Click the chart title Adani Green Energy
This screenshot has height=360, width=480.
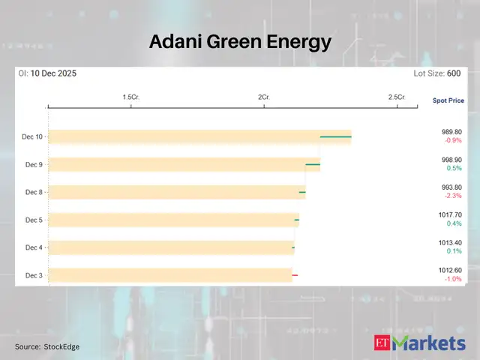coord(240,41)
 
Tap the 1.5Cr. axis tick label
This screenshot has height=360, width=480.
coord(131,97)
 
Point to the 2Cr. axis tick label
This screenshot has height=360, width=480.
coord(263,97)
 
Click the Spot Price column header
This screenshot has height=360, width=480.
coord(448,100)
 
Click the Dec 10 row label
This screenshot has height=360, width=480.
coord(33,136)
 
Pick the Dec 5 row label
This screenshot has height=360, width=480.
coord(33,220)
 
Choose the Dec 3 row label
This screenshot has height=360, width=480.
coord(33,275)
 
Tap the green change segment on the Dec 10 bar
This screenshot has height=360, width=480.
coord(336,137)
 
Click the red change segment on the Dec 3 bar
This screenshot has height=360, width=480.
coord(295,275)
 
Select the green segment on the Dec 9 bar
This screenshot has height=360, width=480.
coord(313,164)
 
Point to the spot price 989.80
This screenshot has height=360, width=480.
coord(452,131)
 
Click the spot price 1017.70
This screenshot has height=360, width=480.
coord(451,214)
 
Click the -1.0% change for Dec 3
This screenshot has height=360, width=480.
coord(453,279)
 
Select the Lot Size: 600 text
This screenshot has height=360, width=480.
coord(437,73)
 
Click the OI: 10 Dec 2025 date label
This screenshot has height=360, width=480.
coord(47,73)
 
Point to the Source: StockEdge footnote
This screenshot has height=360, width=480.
coord(47,346)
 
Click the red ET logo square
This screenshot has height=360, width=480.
coord(382,344)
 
